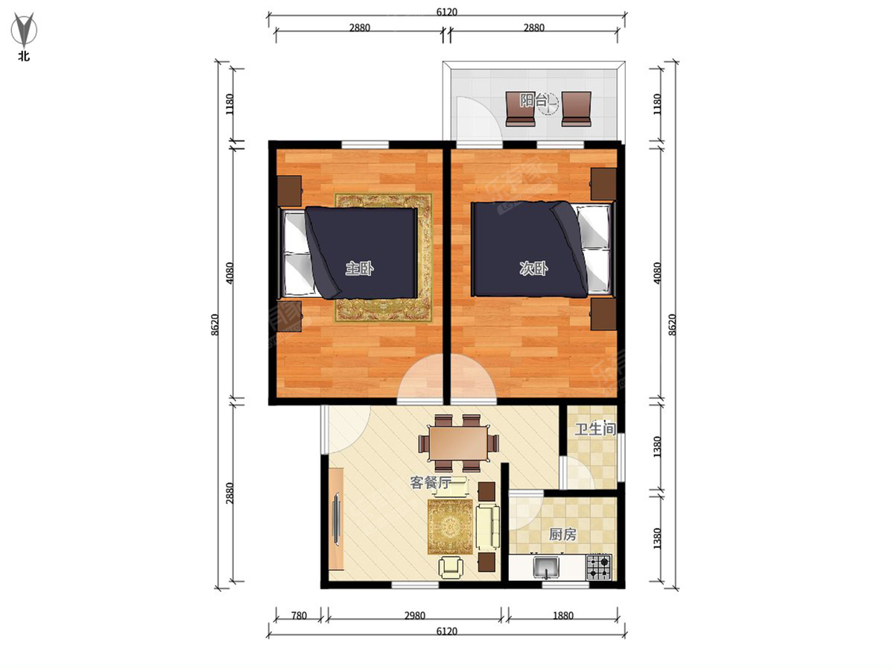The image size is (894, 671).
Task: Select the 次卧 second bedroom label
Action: [533, 269]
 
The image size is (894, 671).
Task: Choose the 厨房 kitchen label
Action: [562, 535]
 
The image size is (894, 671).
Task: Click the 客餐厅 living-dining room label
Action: [431, 482]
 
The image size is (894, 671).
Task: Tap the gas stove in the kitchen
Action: [599, 567]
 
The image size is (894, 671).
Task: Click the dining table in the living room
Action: [457, 441]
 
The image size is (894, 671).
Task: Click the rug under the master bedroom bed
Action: [383, 309]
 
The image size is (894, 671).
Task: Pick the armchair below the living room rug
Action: [452, 567]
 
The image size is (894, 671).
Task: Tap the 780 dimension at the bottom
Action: [298, 615]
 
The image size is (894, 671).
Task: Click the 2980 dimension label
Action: [414, 615]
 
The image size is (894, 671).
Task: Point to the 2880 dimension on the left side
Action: [229, 492]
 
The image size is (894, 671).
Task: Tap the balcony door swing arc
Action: [477, 119]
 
